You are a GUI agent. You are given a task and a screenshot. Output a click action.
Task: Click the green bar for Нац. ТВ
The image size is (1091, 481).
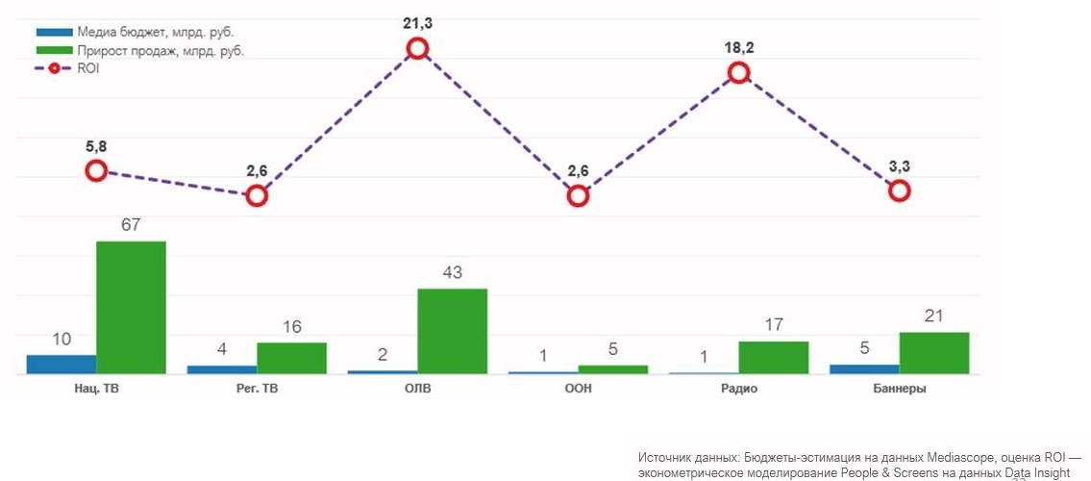[131, 307]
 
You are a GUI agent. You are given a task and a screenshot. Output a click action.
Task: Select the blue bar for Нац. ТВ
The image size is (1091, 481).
[62, 364]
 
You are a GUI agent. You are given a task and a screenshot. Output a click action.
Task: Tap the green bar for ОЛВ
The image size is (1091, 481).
[452, 331]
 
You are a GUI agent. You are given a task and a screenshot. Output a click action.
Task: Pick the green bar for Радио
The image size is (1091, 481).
[773, 357]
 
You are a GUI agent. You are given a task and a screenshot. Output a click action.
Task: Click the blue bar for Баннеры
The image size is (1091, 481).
[864, 368]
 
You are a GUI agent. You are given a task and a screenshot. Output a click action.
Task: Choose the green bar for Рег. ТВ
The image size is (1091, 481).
[291, 358]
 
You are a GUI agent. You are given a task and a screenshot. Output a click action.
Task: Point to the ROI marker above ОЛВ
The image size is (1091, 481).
[417, 49]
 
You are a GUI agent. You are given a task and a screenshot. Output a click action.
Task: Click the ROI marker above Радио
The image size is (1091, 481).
[738, 72]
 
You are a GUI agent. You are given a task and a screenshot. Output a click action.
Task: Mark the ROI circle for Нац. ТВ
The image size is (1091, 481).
[96, 171]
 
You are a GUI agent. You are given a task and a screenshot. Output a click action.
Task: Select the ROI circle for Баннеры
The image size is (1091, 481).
[899, 190]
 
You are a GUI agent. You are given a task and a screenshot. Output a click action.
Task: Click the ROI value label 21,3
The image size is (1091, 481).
[417, 23]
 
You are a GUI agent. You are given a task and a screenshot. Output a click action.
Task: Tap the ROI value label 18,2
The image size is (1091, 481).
[738, 46]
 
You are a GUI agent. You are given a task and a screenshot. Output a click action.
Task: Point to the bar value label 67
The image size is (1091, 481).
[131, 225]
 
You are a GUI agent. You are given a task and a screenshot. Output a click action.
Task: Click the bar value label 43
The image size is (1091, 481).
[452, 273]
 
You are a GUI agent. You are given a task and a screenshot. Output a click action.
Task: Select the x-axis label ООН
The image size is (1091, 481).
[578, 389]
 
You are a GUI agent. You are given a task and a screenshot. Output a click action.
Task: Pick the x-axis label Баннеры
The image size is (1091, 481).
[899, 389]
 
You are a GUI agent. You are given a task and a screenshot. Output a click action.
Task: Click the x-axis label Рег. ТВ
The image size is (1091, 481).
[257, 389]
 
